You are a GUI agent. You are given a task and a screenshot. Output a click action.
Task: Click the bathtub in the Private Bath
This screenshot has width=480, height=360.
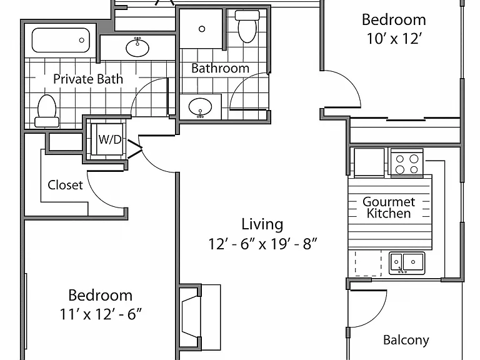61,40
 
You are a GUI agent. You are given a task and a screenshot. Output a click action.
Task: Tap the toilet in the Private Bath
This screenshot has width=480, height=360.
47,111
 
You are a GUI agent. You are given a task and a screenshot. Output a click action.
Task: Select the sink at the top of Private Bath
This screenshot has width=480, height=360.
137,47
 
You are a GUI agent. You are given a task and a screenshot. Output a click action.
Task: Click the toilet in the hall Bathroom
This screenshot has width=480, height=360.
247,26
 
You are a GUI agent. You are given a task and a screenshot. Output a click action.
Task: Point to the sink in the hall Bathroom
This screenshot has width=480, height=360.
200,107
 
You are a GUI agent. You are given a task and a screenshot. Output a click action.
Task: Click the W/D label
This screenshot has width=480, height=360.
110,139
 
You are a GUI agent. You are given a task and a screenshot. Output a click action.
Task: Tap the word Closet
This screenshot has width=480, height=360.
65,185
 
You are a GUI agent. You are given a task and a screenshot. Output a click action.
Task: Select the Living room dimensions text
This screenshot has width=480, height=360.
262,244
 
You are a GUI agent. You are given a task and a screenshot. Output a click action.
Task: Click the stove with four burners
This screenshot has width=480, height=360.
407,164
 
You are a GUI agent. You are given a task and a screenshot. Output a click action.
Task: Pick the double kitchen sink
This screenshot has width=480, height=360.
407,263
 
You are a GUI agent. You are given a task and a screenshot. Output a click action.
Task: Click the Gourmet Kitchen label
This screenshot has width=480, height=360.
389,207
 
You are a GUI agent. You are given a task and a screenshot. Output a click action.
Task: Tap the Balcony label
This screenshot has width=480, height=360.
406,340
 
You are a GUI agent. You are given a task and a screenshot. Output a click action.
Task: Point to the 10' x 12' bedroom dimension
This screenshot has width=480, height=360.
394,39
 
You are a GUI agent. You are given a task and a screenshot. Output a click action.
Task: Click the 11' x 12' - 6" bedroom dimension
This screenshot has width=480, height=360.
101,314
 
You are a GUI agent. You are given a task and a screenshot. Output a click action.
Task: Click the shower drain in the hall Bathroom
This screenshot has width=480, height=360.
202,29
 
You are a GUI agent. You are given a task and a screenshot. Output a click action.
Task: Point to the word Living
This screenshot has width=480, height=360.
262,224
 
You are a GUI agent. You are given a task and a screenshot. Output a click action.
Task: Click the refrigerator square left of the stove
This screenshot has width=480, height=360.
369,162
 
